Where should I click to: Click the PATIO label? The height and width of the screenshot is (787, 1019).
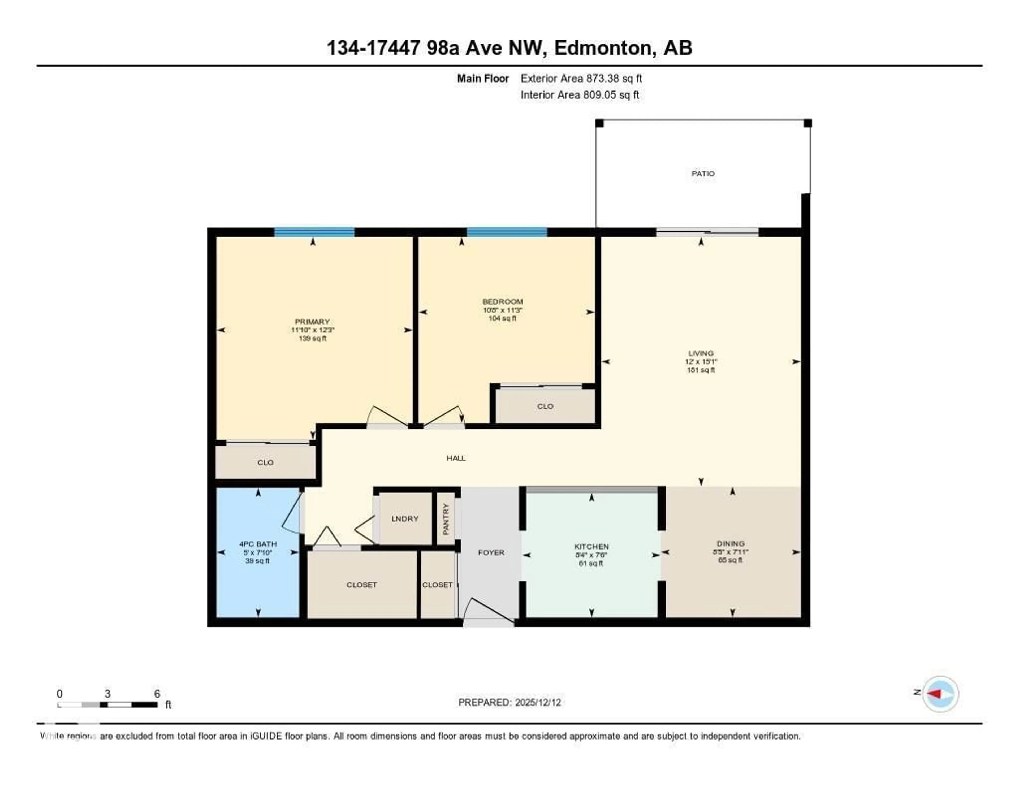click(x=703, y=174)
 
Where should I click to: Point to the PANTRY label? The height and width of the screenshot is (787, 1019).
click(x=446, y=519)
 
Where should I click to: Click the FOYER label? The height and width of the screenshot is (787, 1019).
click(x=491, y=552)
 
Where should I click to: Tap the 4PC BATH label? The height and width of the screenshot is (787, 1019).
click(x=258, y=544)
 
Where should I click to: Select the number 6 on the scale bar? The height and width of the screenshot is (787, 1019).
click(x=157, y=694)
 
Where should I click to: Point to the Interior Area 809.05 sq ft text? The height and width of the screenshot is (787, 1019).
click(x=580, y=95)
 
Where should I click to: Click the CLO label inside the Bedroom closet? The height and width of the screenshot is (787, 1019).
click(x=545, y=406)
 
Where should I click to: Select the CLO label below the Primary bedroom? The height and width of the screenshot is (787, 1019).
click(x=265, y=462)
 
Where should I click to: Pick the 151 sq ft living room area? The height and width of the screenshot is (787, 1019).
click(x=701, y=370)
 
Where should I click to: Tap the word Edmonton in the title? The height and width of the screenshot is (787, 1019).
click(x=603, y=48)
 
